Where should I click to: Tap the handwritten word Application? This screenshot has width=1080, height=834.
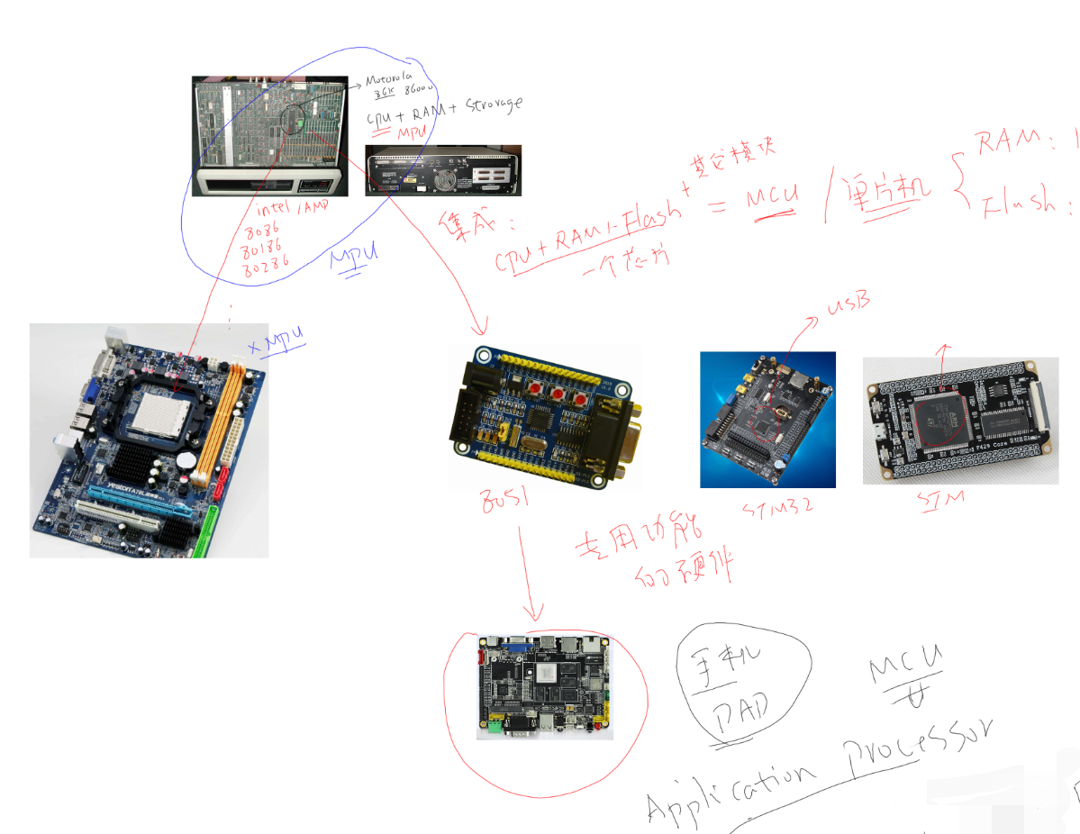(731, 784)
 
